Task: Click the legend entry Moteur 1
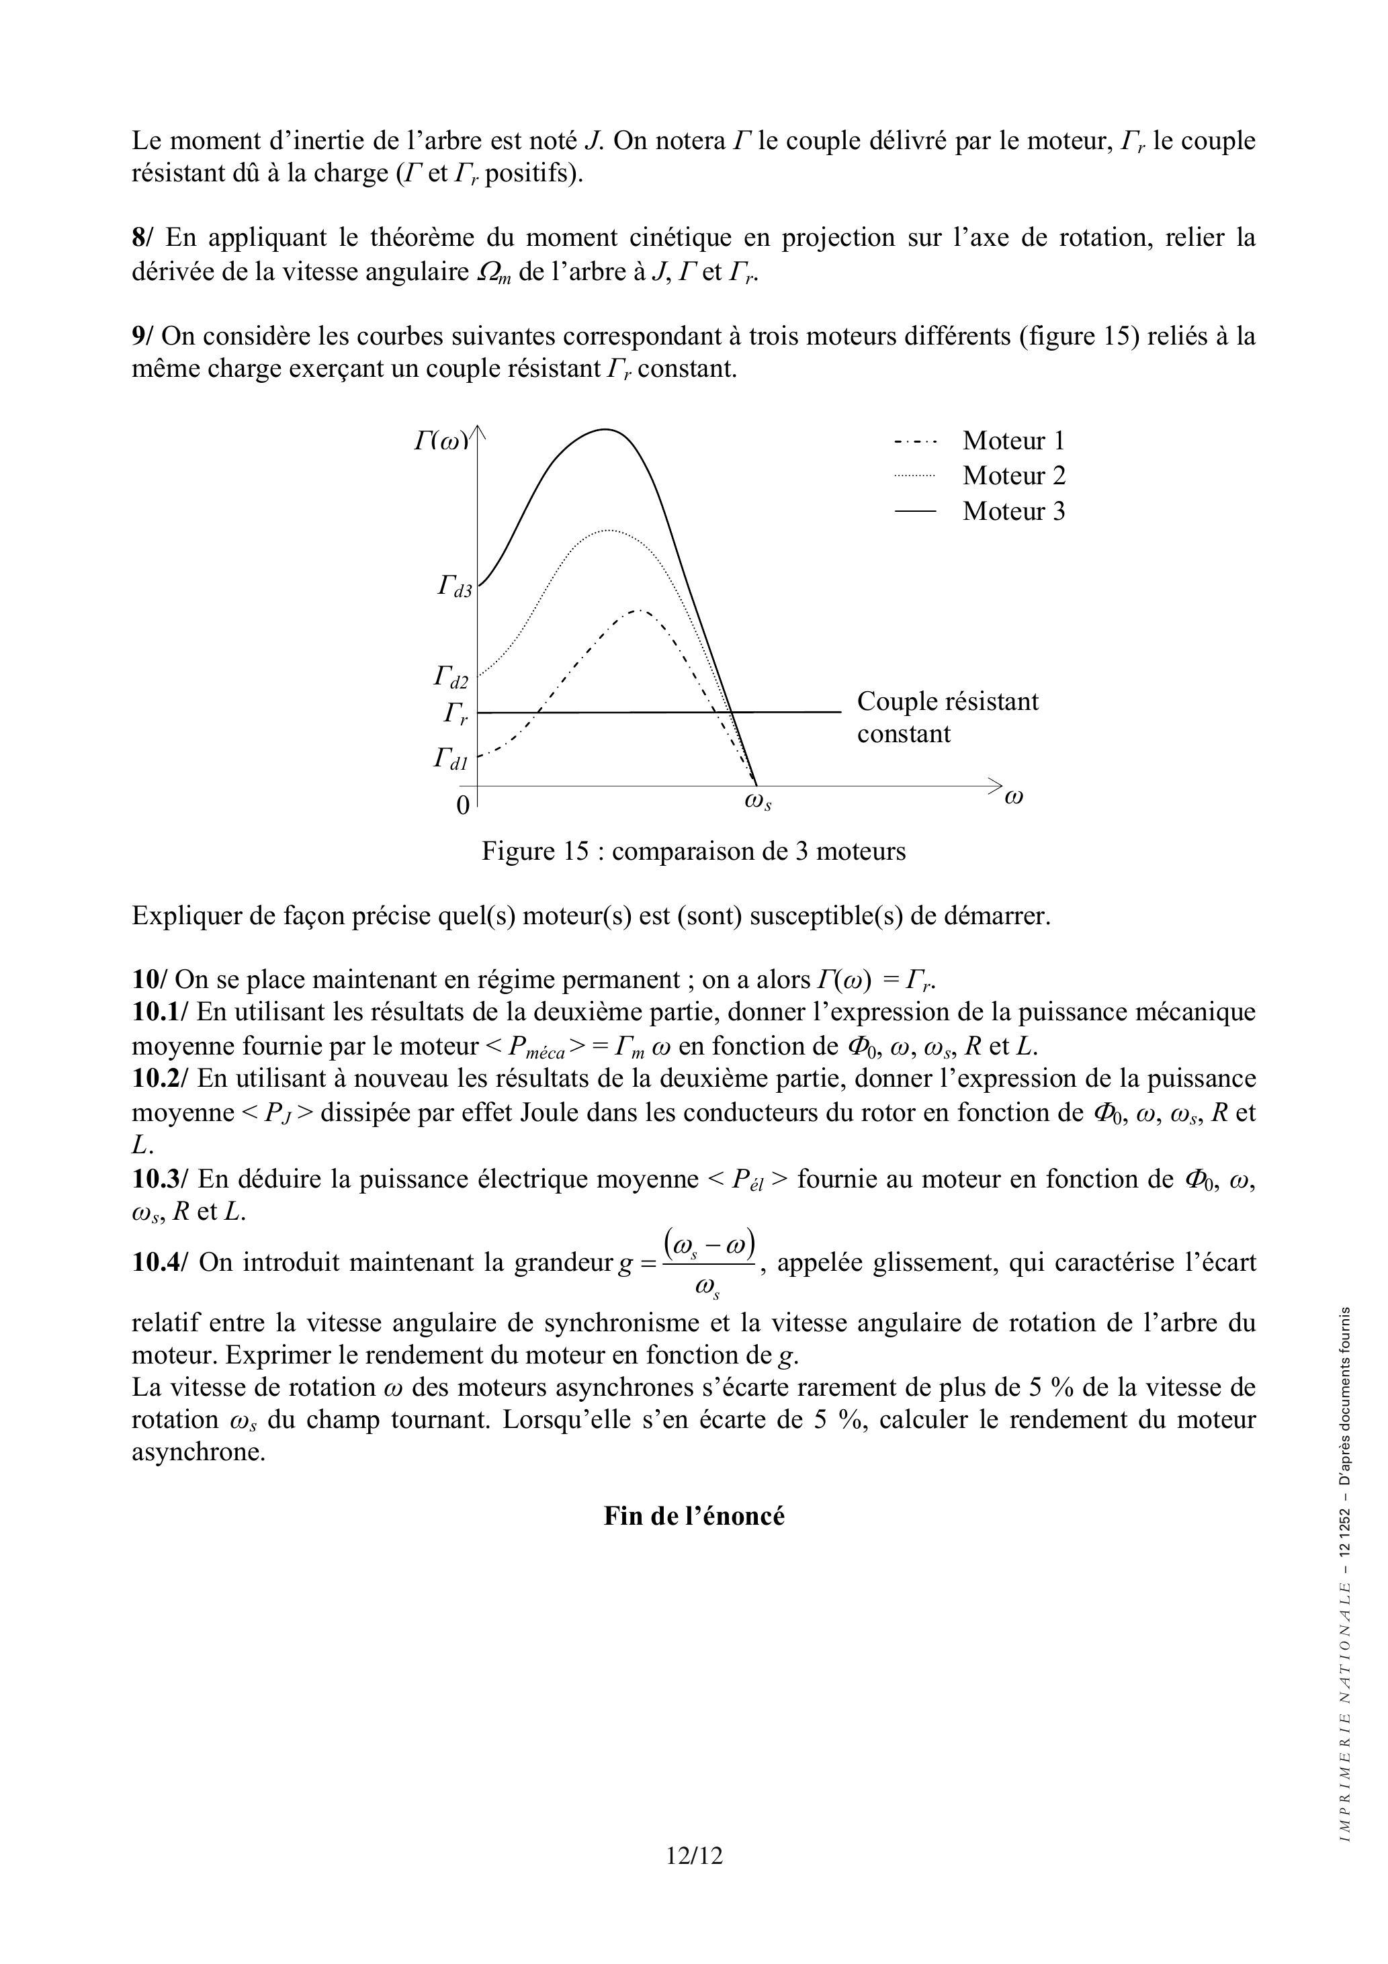pos(1013,441)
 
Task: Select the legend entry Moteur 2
pos(1013,476)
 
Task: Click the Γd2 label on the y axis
pos(451,678)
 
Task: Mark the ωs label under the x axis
pos(758,803)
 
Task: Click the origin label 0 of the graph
pos(462,806)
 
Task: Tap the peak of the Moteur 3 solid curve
pos(606,429)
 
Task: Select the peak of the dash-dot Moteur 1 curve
pos(638,610)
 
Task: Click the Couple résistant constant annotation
pos(947,717)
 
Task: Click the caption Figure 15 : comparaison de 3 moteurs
pos(693,851)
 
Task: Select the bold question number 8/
pos(143,237)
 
